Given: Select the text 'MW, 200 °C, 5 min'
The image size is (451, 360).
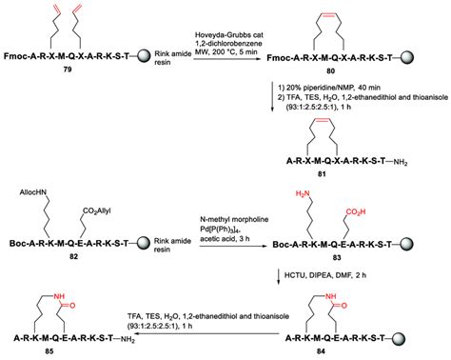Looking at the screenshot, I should click(228, 56).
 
